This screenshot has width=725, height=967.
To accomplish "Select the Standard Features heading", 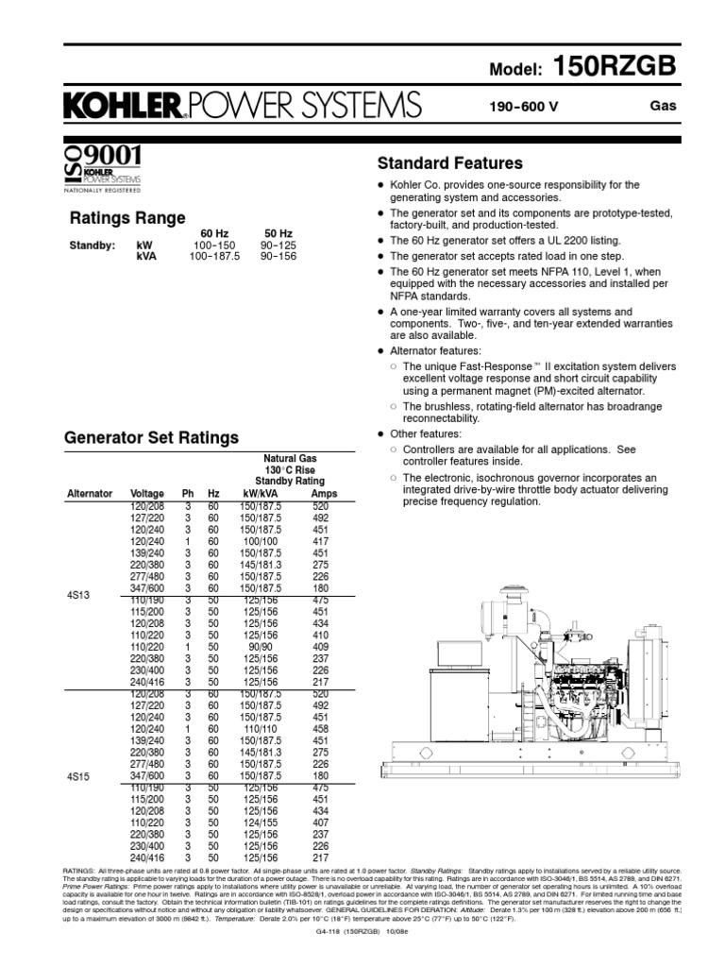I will (448, 162).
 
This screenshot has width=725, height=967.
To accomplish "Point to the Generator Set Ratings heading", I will (150, 438).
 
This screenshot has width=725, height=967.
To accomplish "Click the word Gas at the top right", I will (664, 106).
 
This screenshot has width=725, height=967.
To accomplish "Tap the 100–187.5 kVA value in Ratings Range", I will (214, 255).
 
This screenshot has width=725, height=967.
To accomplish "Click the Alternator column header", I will (90, 493).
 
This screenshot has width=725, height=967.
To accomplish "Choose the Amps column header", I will (324, 493).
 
